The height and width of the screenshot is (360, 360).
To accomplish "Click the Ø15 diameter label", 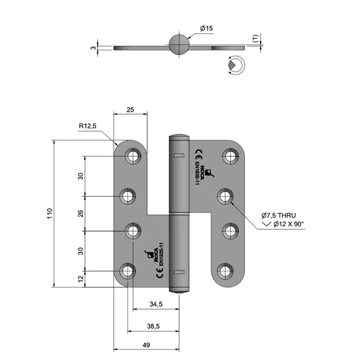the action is point(207,28).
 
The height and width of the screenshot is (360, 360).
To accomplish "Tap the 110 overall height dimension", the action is point(50,213).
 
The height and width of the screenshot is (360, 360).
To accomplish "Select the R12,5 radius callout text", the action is point(87,126).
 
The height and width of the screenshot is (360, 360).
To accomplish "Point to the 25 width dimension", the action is point(130,110).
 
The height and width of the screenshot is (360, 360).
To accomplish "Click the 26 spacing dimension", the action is point(80,213).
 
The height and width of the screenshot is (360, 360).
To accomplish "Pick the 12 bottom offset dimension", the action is point(80,279).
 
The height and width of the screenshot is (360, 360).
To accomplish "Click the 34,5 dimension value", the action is point(156,304).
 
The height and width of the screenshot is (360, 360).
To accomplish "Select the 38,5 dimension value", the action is point(153,326).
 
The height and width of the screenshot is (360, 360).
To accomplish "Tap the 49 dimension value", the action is point(146,345).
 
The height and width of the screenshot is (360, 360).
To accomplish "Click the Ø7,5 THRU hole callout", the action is point(279,215).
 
